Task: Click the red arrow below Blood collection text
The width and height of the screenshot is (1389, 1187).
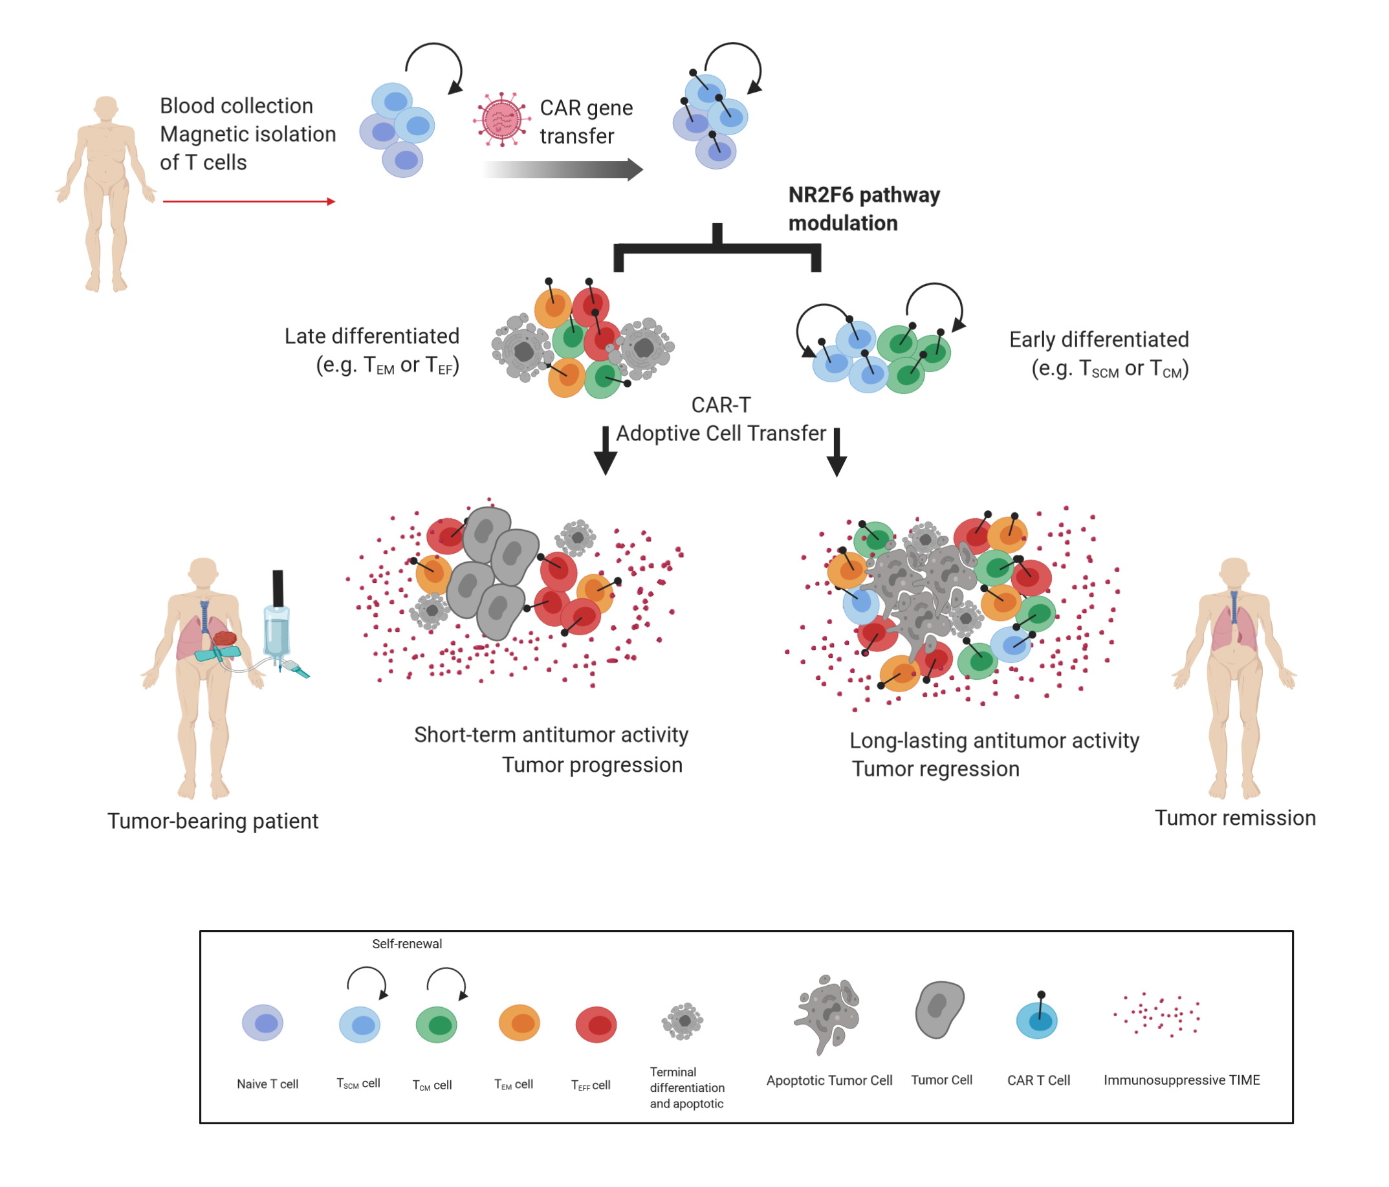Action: (x=248, y=201)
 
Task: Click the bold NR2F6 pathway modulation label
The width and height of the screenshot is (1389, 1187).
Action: (x=864, y=208)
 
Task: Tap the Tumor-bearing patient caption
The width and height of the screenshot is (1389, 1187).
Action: (x=212, y=821)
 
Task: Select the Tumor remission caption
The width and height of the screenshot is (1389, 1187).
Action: (x=1235, y=818)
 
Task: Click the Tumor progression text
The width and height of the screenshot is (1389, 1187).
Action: (x=592, y=765)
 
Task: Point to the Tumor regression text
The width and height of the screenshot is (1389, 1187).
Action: (x=935, y=768)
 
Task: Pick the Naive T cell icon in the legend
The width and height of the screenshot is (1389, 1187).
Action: (x=263, y=1023)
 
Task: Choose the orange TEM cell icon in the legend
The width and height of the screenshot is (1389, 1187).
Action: (x=520, y=1023)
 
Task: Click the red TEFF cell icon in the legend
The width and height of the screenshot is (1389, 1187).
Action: (x=596, y=1024)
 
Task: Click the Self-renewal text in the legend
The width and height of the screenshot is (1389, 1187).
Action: (x=407, y=944)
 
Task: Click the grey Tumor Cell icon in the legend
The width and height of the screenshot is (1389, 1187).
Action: (x=940, y=1009)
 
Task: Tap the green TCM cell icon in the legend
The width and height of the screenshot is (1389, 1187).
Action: (x=437, y=1024)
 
